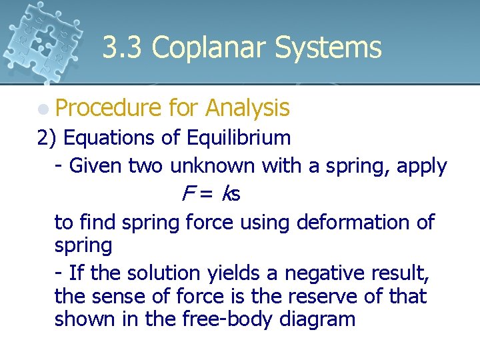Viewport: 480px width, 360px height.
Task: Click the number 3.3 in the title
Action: point(123,48)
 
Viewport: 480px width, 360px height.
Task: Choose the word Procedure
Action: point(109,107)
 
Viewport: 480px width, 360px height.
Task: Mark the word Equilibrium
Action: point(239,138)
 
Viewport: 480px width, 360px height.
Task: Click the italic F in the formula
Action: point(187,194)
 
